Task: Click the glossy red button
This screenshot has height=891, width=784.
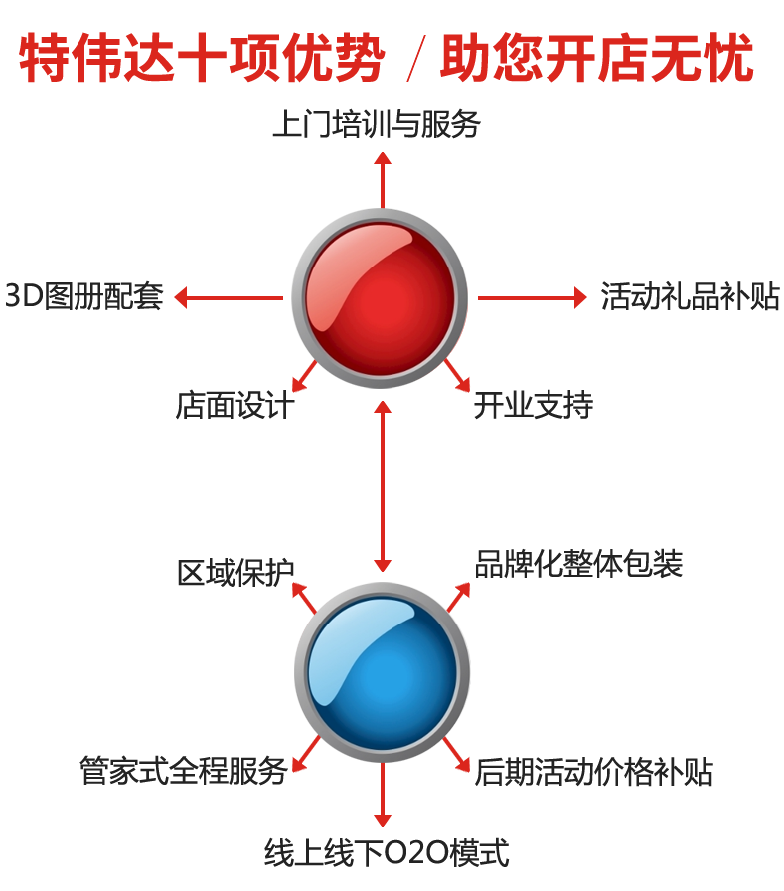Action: [x=380, y=298]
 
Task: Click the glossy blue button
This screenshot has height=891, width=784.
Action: [x=382, y=673]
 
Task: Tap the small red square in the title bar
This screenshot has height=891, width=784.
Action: [x=416, y=58]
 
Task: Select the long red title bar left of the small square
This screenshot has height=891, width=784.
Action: [x=202, y=58]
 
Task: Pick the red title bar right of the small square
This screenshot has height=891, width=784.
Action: [x=596, y=58]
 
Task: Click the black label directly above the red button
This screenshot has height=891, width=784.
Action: [x=377, y=124]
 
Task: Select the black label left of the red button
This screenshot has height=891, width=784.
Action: [x=84, y=296]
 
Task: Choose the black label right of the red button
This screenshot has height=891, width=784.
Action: [x=690, y=296]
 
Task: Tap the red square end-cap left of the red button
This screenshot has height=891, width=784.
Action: [x=180, y=297]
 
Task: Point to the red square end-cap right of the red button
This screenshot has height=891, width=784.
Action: [x=580, y=297]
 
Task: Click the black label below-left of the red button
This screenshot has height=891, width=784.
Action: [x=235, y=405]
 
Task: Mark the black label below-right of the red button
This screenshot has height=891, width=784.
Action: [x=533, y=405]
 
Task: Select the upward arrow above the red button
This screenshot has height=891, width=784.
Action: [x=382, y=179]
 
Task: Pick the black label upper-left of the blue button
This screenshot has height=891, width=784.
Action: [x=235, y=572]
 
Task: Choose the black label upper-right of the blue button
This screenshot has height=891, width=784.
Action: [x=578, y=564]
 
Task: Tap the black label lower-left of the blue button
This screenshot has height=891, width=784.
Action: [x=184, y=771]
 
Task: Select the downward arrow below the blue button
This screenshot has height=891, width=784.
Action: [x=382, y=803]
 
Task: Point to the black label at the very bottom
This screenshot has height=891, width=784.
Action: [x=386, y=852]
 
